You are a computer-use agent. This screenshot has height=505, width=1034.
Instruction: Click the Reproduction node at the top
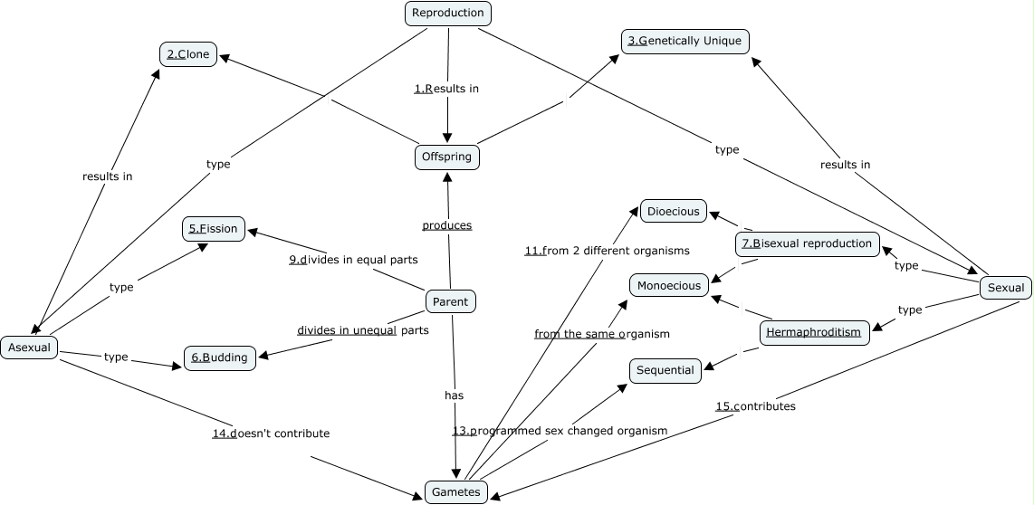[x=447, y=13]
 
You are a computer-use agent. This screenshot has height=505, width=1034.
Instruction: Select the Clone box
[x=188, y=54]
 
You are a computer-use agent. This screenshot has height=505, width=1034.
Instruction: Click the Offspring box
[x=447, y=157]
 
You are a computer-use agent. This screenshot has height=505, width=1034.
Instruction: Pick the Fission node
[x=214, y=229]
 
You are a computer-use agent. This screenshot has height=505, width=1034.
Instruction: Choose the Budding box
[x=220, y=357]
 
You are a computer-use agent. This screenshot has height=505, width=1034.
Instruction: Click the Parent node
[x=450, y=302]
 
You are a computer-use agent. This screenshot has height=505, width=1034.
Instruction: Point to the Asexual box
[x=29, y=347]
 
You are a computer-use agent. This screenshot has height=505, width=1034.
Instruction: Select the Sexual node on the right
[x=1005, y=288]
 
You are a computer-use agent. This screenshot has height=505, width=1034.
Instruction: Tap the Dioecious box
[x=674, y=212]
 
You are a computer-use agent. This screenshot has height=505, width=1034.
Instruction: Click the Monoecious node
[x=669, y=286]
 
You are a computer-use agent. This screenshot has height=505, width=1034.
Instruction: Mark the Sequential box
[x=665, y=370]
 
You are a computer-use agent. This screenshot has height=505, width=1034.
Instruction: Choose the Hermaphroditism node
[x=813, y=332]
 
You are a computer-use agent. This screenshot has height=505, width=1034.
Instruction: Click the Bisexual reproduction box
[x=807, y=243]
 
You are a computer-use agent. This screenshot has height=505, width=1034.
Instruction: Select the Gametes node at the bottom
[x=456, y=491]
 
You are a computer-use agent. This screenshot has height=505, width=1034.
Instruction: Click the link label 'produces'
[x=447, y=225]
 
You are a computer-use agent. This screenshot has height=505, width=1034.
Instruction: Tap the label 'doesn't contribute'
[x=271, y=434]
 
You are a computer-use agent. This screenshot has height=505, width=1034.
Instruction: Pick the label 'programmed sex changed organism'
[x=560, y=431]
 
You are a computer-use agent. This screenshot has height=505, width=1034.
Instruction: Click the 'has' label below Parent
[x=454, y=395]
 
